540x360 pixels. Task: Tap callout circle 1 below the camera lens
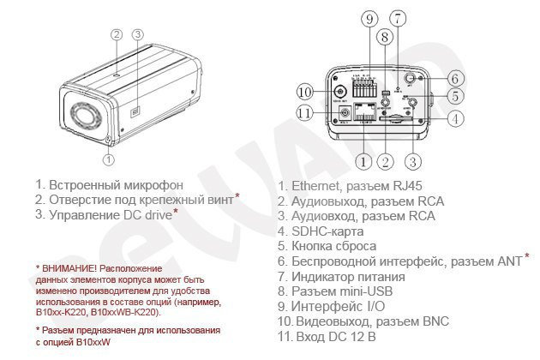pyautogui.click(x=107, y=159)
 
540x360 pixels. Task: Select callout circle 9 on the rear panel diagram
pyautogui.click(x=369, y=19)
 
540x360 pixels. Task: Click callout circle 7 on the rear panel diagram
pyautogui.click(x=397, y=18)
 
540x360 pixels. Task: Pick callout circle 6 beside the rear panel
pyautogui.click(x=454, y=77)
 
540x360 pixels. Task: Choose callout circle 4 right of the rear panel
pyautogui.click(x=455, y=118)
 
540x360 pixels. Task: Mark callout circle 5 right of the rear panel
pyautogui.click(x=455, y=97)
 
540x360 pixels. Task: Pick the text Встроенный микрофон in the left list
pyautogui.click(x=116, y=183)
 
